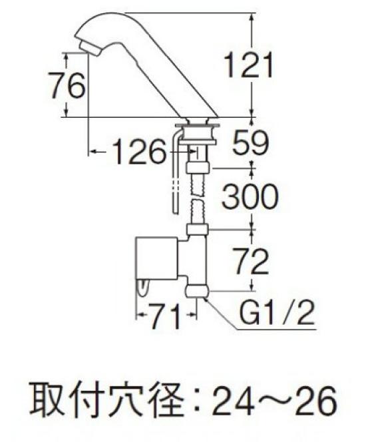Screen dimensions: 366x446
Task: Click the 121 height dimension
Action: (248, 66)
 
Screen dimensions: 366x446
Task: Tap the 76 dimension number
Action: (67, 86)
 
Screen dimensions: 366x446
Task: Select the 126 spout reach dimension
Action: (139, 151)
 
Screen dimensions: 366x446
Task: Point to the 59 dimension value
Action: (250, 142)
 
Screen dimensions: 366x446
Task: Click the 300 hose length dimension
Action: (250, 196)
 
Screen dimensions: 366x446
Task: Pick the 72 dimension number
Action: (250, 262)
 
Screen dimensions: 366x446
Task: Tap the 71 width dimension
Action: (166, 316)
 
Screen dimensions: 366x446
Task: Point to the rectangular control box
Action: (157, 258)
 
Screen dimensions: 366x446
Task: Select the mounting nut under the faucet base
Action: (198, 133)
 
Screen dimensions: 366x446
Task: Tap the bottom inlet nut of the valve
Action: (198, 292)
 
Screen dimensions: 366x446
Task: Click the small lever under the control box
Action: (143, 288)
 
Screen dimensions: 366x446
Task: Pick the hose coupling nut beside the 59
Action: (198, 167)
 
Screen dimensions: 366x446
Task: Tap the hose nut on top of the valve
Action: (198, 230)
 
